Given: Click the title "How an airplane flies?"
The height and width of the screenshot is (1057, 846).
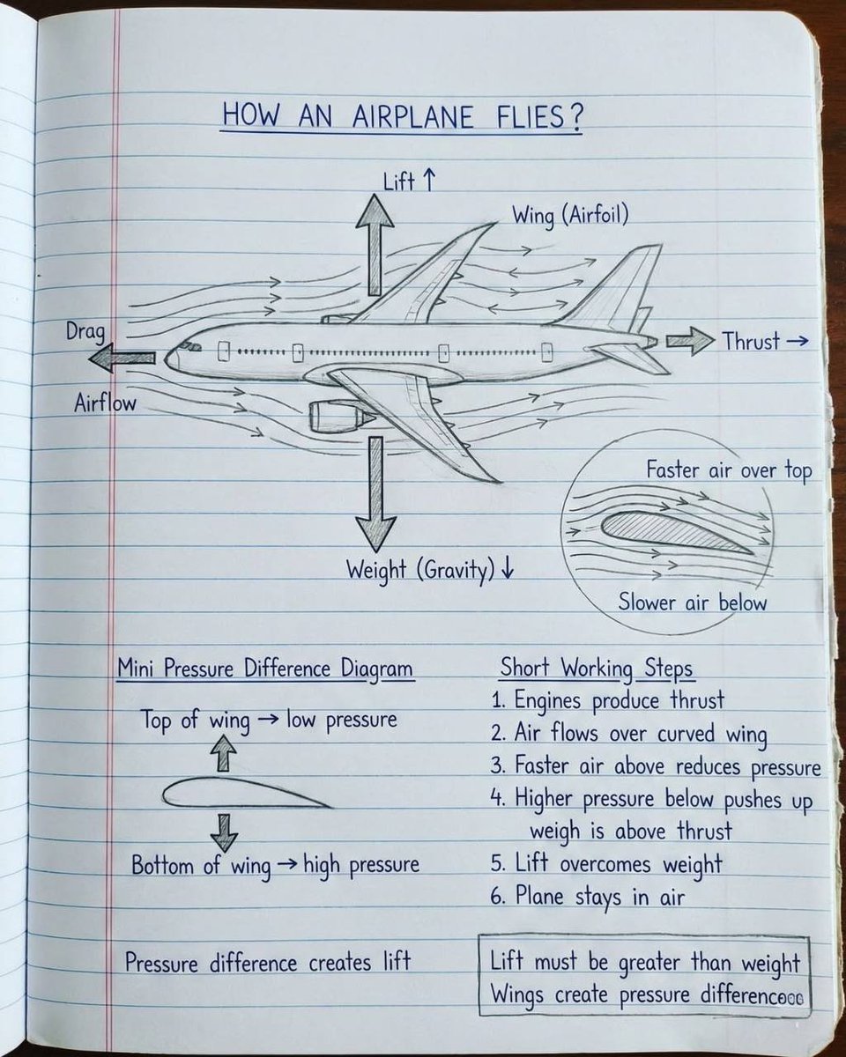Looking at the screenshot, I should point(401,116).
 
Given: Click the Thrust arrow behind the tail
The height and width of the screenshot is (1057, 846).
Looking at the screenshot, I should point(689,341).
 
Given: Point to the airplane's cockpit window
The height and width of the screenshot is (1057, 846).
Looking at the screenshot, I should point(190,346).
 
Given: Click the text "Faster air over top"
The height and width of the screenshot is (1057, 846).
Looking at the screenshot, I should point(729,470).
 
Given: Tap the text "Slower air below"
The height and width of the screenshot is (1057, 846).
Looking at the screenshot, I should point(692,602).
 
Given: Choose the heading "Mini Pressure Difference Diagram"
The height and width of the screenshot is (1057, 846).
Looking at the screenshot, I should point(264,669).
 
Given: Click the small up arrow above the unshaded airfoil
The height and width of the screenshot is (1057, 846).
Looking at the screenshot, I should point(226,753).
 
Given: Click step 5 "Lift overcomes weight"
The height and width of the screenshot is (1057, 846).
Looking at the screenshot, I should point(606,864).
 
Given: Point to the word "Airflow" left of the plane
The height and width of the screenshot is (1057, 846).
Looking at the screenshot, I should point(105,403).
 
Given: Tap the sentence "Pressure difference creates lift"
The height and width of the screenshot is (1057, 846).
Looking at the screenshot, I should point(268,962).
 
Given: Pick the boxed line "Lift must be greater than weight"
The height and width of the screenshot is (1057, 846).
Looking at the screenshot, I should point(644,963).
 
